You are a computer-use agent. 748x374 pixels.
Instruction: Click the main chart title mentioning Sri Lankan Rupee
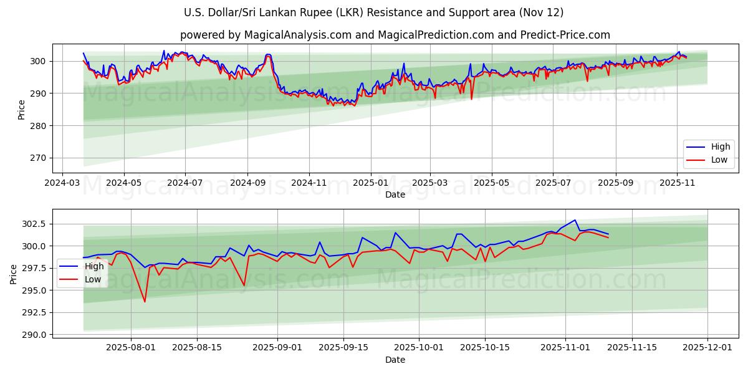[x=374, y=12]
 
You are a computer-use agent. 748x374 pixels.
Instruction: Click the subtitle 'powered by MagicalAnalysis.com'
[x=395, y=35]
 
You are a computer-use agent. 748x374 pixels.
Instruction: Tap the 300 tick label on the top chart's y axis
[x=37, y=61]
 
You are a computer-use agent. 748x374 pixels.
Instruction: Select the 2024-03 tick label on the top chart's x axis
[x=62, y=183]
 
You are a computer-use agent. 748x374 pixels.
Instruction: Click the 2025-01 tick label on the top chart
[x=371, y=183]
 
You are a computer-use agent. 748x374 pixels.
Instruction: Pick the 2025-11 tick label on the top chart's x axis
[x=678, y=183]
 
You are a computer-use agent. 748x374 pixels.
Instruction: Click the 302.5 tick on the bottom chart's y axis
[x=32, y=224]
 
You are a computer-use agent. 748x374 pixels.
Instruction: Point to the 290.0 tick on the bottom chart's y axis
[x=32, y=335]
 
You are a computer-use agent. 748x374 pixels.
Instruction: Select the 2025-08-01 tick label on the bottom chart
[x=131, y=348]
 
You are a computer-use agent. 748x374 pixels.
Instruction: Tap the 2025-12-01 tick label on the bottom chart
[x=707, y=348]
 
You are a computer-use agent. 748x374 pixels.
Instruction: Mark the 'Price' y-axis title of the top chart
[x=22, y=110]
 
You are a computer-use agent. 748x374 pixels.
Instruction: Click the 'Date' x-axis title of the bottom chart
[x=395, y=360]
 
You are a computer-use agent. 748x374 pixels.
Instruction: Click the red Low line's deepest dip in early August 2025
[x=145, y=302]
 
